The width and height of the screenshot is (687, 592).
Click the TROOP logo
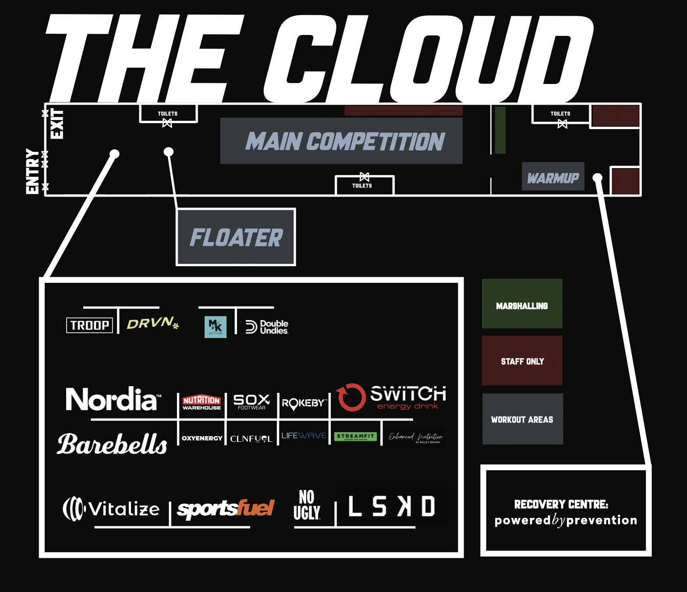(x=89, y=325)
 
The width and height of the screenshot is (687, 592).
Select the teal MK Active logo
(x=216, y=327)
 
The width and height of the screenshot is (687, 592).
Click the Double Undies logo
(x=267, y=327)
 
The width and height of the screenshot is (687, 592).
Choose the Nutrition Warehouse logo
(x=202, y=402)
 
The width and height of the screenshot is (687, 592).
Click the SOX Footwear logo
(x=251, y=402)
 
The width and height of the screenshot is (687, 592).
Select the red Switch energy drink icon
(x=351, y=397)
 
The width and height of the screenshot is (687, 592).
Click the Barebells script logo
(x=112, y=444)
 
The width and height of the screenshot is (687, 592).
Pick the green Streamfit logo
(x=355, y=437)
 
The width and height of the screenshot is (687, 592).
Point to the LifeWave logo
(x=304, y=436)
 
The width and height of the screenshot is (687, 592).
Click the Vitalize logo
(x=111, y=509)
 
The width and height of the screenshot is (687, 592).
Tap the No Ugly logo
(x=307, y=505)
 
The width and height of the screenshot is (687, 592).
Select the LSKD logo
(x=391, y=506)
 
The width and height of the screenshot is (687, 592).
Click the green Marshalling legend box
(x=522, y=303)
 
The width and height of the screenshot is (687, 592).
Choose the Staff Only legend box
(x=522, y=360)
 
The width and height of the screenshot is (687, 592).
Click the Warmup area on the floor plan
(x=553, y=176)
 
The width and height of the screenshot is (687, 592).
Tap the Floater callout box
(x=236, y=237)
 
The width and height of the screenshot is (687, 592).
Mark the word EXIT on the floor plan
(x=57, y=124)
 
